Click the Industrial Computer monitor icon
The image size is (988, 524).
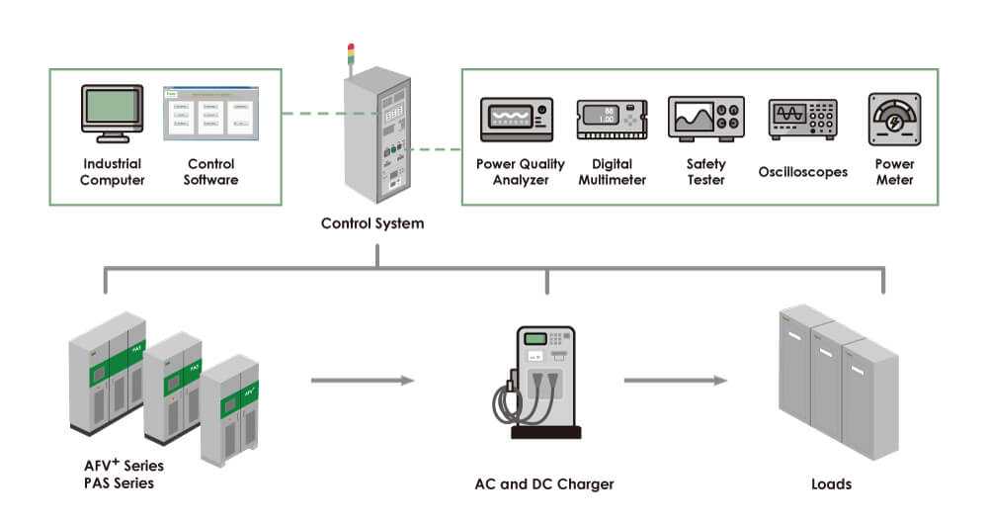tap(112, 114)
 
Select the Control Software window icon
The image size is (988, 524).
tap(209, 112)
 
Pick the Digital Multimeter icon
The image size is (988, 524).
tap(612, 121)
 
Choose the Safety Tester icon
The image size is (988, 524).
tap(705, 120)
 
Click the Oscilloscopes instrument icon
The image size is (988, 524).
tap(803, 120)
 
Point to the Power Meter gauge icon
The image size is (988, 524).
tap(893, 120)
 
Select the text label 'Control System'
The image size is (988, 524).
tap(372, 223)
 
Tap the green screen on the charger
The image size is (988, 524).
tap(535, 339)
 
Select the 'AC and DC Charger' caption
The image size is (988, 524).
tap(543, 484)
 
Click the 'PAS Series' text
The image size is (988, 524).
tap(119, 483)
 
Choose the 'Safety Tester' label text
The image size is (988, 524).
tap(705, 172)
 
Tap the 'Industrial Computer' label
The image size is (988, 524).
tap(112, 172)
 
